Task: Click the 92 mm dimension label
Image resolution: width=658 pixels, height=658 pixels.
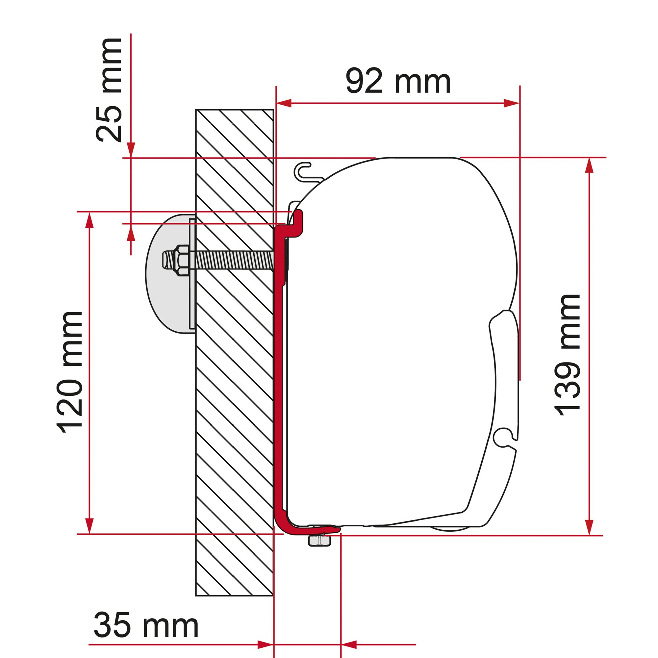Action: click(398, 82)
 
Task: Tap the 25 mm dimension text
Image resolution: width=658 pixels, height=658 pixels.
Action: click(109, 90)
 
